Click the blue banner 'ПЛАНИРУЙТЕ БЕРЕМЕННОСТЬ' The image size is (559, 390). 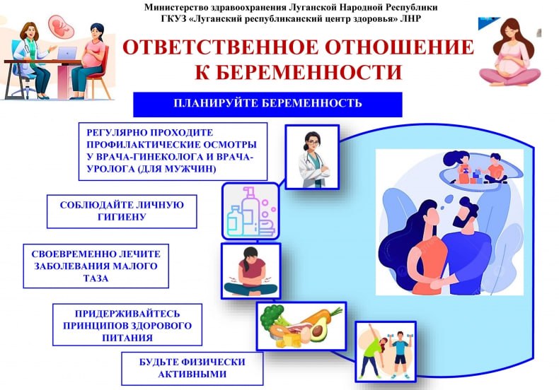(x=267, y=104)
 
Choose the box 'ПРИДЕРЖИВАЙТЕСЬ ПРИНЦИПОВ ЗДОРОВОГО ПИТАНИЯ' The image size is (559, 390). (x=128, y=324)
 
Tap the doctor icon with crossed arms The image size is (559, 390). (x=312, y=157)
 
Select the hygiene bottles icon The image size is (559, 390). (x=250, y=211)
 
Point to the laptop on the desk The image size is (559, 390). (x=67, y=54)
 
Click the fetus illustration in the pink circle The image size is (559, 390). (x=61, y=26)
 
